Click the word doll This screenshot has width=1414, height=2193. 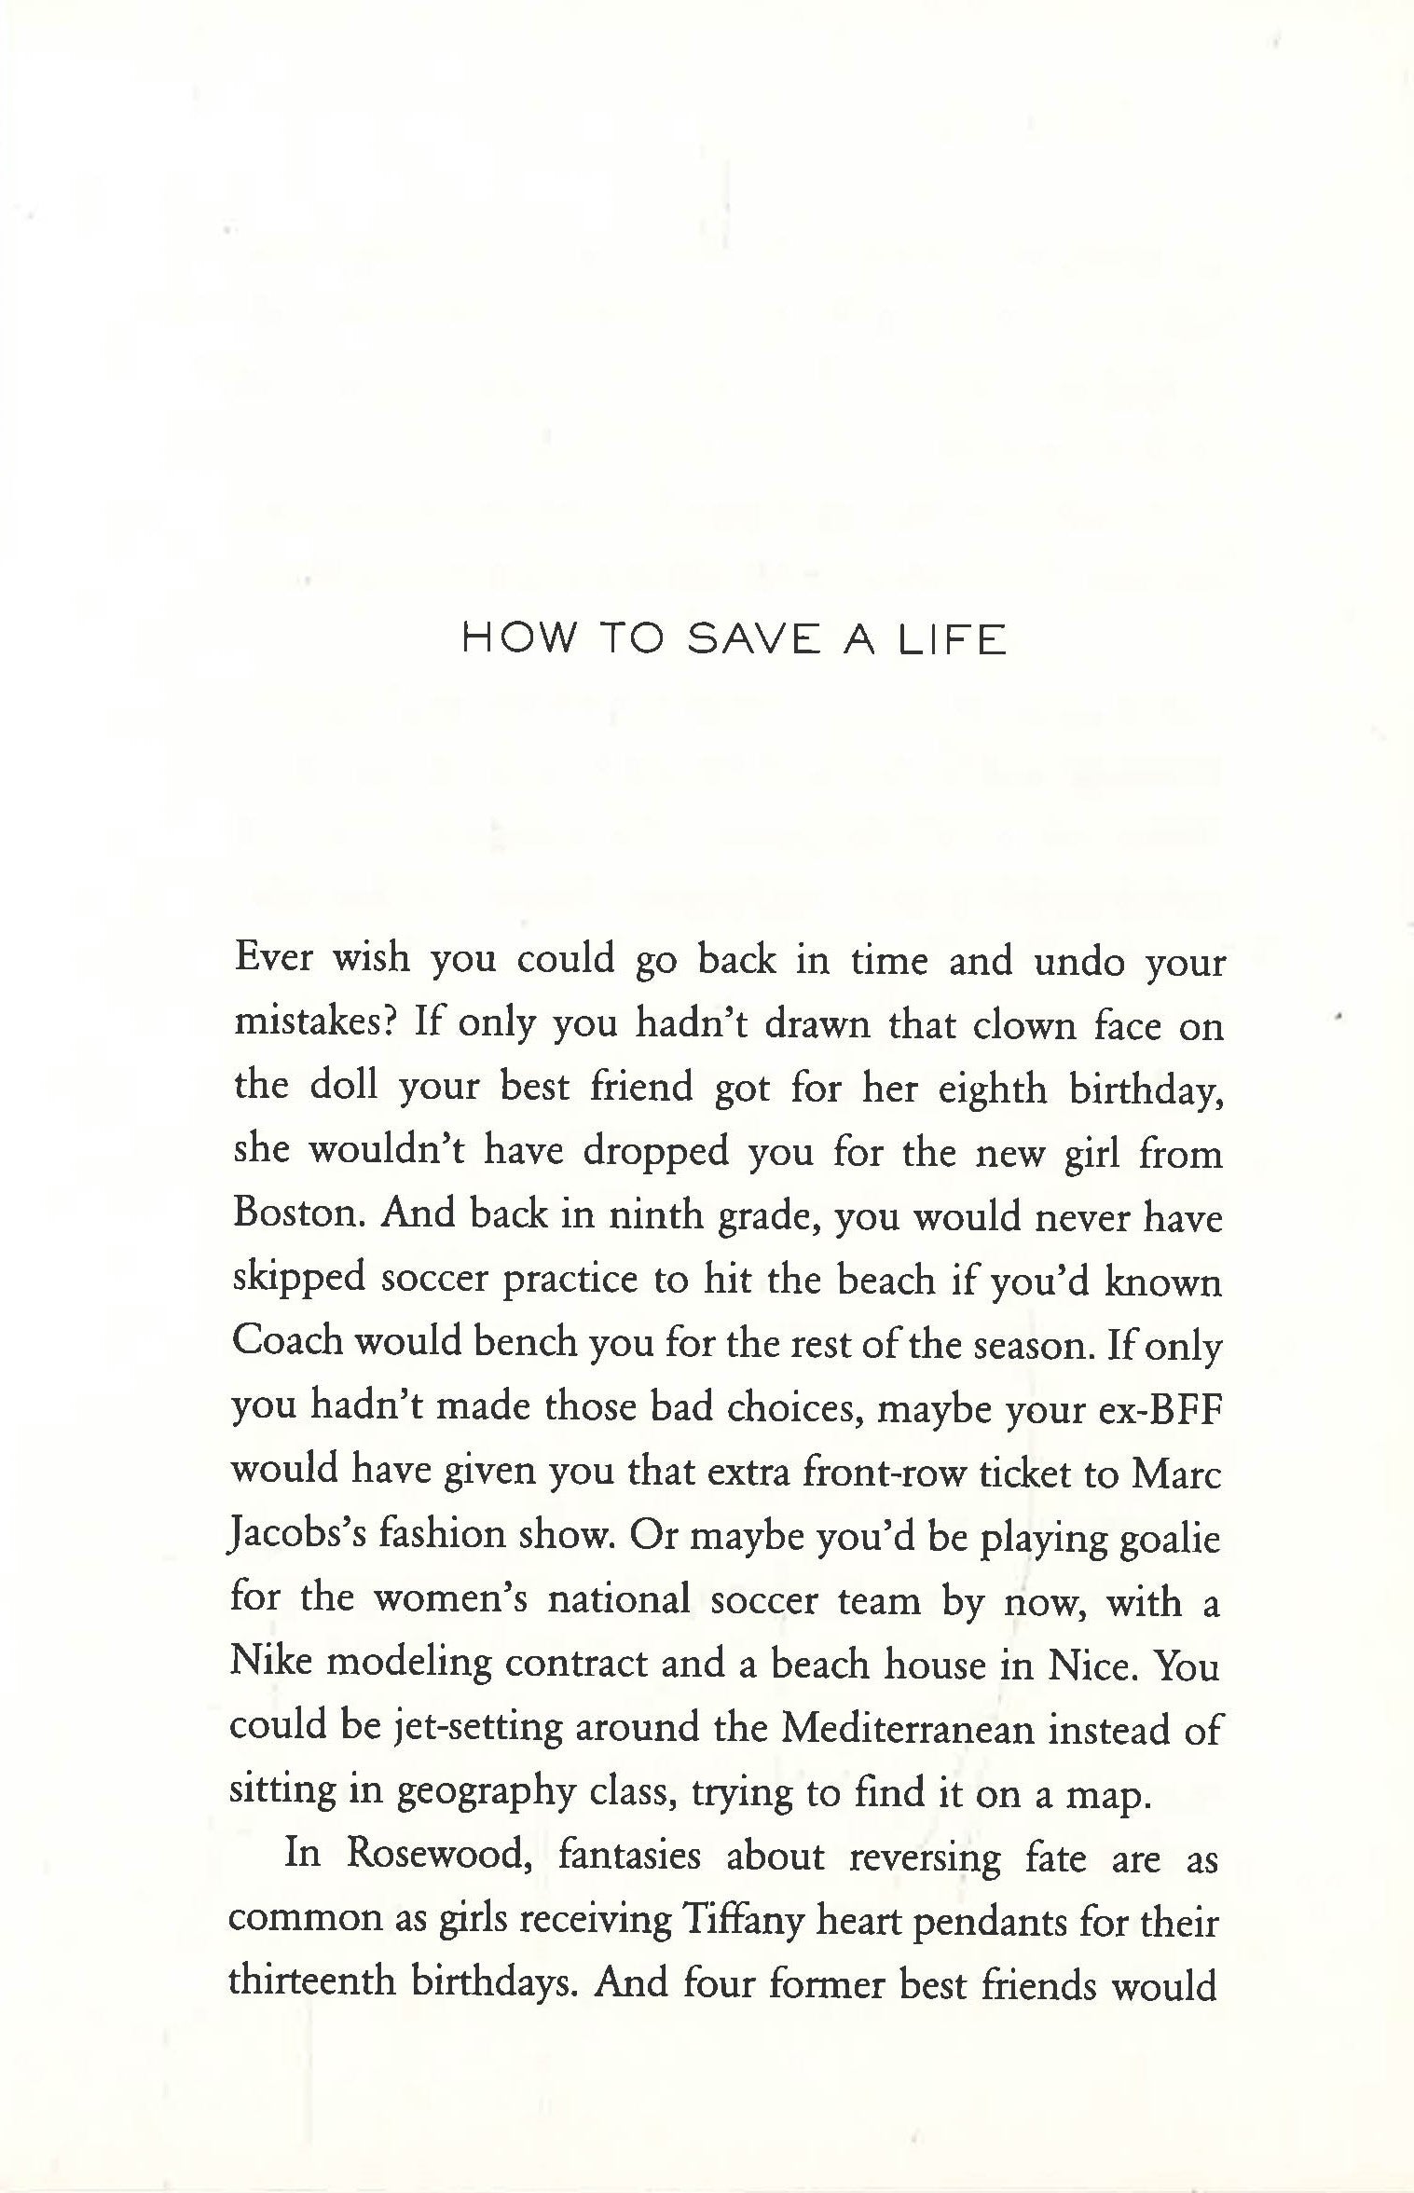[342, 1088]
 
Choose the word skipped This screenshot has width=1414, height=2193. [297, 1281]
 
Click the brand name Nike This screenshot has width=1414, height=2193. [269, 1665]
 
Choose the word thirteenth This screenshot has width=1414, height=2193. [313, 1983]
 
